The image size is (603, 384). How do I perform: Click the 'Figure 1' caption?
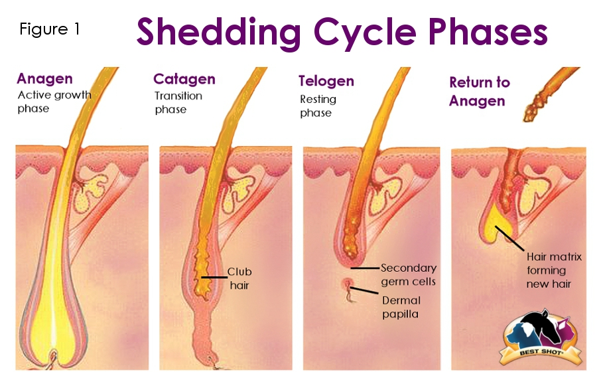tap(50, 30)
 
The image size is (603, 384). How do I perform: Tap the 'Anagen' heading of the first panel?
tap(44, 78)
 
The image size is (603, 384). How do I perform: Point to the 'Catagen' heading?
tap(184, 79)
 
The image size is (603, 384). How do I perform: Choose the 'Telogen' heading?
tap(326, 81)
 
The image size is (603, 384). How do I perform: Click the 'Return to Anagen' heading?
tap(479, 92)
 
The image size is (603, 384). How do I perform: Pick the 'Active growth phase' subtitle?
tap(53, 101)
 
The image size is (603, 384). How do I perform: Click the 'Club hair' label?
tap(239, 278)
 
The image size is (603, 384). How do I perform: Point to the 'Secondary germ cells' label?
tap(408, 274)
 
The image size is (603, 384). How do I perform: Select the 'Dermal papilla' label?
tap(401, 307)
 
